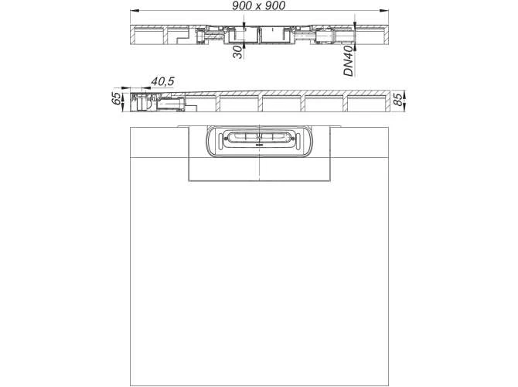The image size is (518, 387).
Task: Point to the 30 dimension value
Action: click(x=237, y=52)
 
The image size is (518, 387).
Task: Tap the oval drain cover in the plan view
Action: click(x=260, y=141)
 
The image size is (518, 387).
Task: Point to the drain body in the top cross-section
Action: click(x=260, y=35)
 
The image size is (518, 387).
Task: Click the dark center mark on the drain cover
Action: click(x=260, y=143)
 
